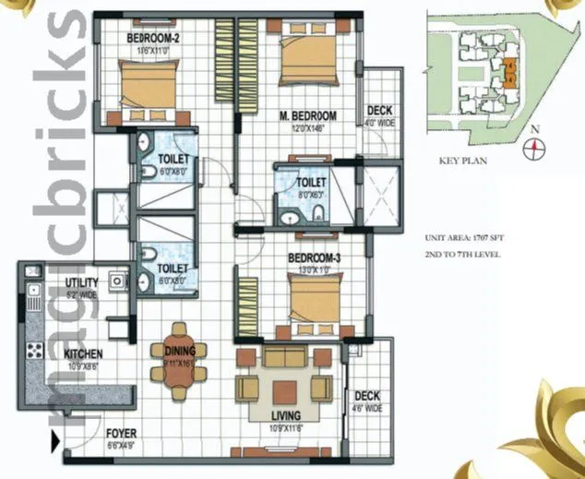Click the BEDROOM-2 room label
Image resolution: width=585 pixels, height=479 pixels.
click(x=153, y=38)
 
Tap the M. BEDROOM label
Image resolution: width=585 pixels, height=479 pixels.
click(x=307, y=115)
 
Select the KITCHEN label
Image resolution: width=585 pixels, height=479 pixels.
click(x=82, y=353)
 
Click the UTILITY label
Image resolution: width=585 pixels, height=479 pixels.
click(x=81, y=283)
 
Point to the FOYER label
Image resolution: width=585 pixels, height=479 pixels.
click(x=121, y=432)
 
